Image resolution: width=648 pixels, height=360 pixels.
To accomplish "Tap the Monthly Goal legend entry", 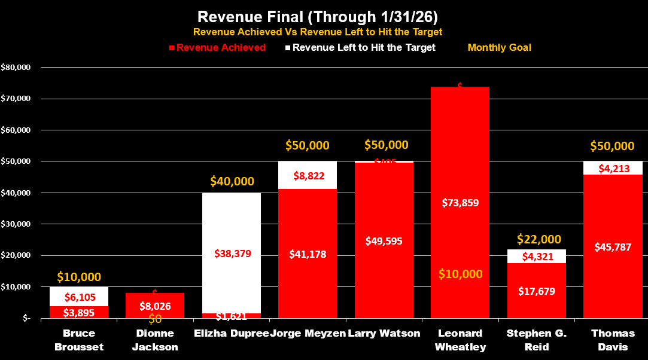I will (499, 47).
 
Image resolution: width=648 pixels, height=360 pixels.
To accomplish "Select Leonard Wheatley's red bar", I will (460, 150).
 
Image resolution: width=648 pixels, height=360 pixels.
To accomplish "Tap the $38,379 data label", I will (232, 254).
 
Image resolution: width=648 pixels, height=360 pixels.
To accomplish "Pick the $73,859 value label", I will (460, 202).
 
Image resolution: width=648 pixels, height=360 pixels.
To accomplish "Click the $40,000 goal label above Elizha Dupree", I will (232, 181).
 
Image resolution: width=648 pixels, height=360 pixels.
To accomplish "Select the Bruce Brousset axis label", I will (79, 339).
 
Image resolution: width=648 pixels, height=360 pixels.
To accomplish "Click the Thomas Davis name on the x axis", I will (613, 339).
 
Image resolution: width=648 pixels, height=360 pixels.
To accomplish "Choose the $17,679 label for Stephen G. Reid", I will (537, 291).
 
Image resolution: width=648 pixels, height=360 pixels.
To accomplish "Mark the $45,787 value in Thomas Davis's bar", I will (613, 246).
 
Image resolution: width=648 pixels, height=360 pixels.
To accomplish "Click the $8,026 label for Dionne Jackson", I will (156, 306).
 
